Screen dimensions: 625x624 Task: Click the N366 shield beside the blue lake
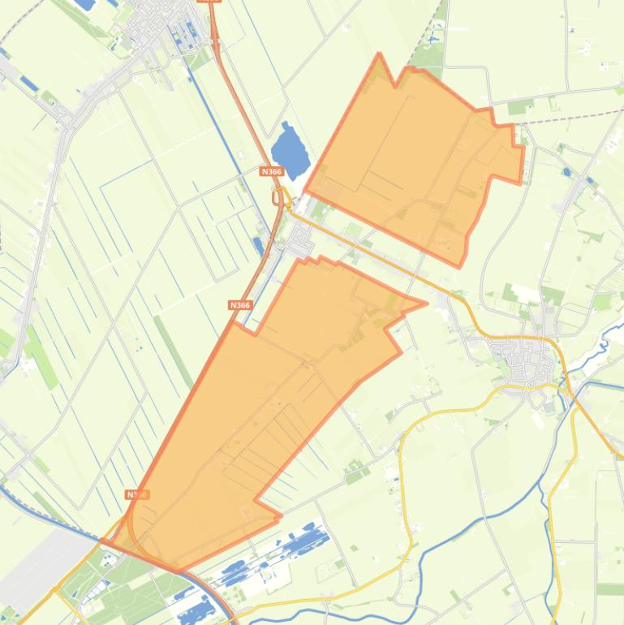272,171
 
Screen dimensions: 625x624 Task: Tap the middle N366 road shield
240,305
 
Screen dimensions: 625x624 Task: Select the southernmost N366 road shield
136,494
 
